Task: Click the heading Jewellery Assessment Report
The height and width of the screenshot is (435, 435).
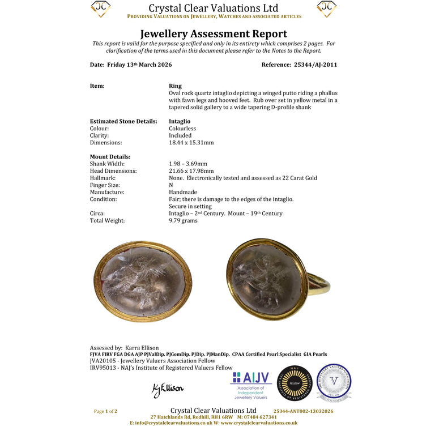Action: click(214, 34)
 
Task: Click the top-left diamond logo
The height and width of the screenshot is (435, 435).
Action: click(101, 8)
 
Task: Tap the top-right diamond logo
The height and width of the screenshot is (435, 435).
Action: click(326, 8)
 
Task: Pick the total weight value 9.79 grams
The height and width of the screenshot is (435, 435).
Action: click(183, 220)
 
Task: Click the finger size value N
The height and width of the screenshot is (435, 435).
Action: click(171, 185)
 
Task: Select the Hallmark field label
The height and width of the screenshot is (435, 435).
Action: click(104, 178)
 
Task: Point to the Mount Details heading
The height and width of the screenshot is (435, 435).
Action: click(110, 157)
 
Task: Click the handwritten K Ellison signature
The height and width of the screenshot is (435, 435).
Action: click(168, 390)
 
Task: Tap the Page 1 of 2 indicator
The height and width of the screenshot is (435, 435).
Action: click(105, 411)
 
